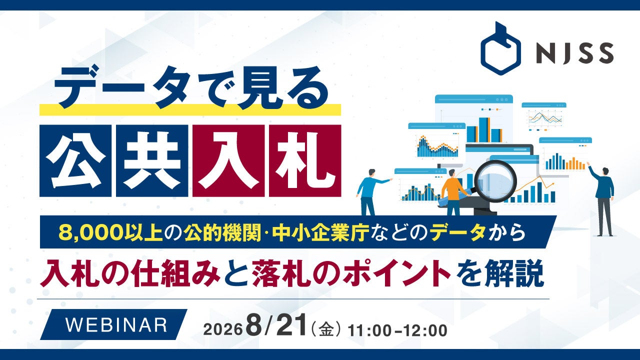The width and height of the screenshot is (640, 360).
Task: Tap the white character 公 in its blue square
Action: click(x=75, y=161)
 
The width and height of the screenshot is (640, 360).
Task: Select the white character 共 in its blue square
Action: click(x=152, y=161)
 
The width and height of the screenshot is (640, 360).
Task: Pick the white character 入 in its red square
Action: click(x=228, y=161)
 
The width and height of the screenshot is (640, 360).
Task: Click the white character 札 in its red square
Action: click(x=305, y=161)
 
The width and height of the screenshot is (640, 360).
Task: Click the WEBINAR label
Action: click(x=116, y=324)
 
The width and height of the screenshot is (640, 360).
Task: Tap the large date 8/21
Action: click(x=277, y=328)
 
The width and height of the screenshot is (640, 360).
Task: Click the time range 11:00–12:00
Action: click(x=397, y=331)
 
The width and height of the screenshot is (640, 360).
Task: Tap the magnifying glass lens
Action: click(x=495, y=181)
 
